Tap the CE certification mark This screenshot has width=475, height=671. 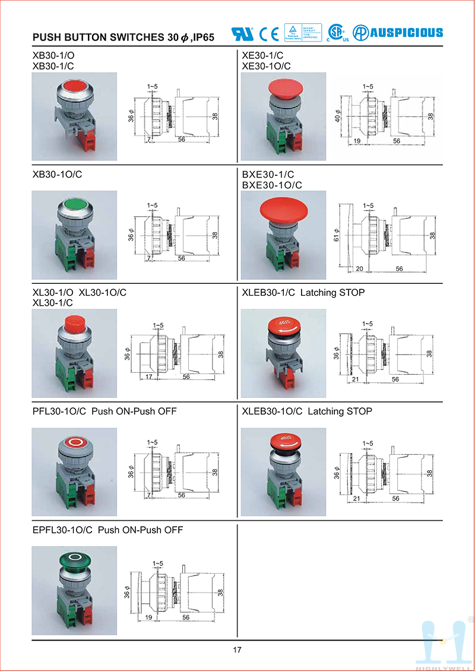pos(269,34)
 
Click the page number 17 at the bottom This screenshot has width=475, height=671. pos(237,650)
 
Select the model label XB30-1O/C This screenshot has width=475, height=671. pos(58,175)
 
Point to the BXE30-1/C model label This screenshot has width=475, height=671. pos(268,175)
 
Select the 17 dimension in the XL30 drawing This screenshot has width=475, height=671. pos(148,377)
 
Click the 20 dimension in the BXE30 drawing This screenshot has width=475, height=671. pos(359,268)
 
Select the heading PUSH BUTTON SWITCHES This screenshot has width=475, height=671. pos(99,37)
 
